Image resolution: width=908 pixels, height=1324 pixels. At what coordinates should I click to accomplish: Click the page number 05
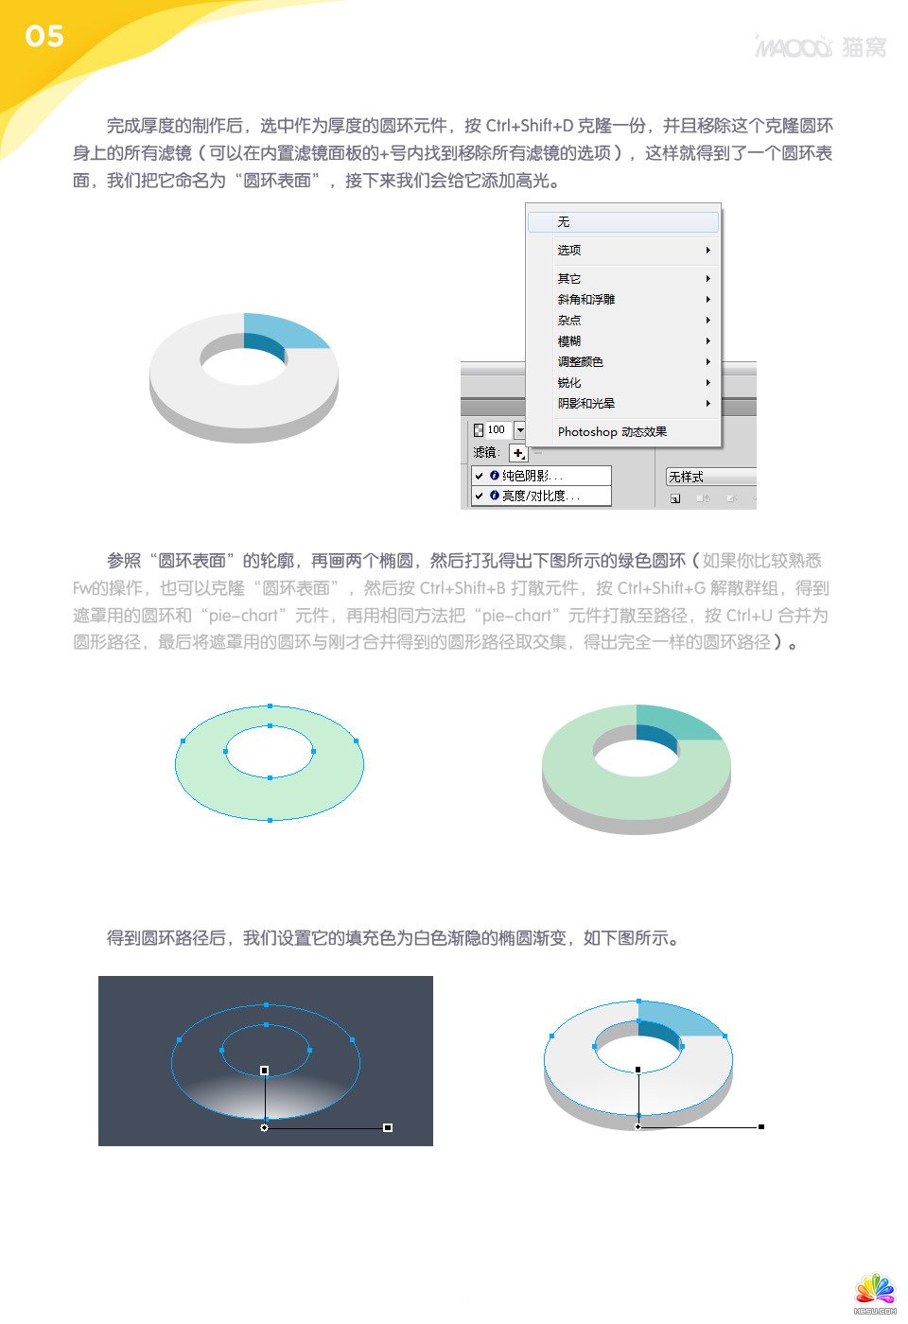tap(44, 36)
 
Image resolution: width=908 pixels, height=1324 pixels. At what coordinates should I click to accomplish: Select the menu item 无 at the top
tap(564, 222)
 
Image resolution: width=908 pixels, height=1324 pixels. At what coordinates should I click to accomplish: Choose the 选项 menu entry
tap(569, 251)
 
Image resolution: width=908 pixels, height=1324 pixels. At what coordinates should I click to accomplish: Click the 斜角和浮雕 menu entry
tap(585, 300)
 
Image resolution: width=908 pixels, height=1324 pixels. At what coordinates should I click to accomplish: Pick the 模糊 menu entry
tap(569, 341)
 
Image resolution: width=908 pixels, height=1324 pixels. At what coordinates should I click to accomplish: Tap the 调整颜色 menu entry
tap(580, 362)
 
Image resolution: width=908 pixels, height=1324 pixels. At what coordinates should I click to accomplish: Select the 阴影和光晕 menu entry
tap(585, 404)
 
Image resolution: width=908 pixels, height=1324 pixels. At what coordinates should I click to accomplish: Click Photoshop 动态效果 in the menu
tap(612, 432)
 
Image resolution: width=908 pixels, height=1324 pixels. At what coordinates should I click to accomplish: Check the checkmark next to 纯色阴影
tap(480, 476)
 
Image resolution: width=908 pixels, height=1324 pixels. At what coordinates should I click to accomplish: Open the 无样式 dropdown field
tap(709, 477)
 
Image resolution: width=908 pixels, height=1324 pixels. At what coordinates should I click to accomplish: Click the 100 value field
tap(496, 430)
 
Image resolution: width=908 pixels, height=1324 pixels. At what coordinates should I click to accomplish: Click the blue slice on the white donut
tap(284, 330)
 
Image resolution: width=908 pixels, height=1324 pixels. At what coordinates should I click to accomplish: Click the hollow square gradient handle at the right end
tap(388, 1127)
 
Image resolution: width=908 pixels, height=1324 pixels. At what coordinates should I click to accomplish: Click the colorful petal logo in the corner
tap(875, 1292)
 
